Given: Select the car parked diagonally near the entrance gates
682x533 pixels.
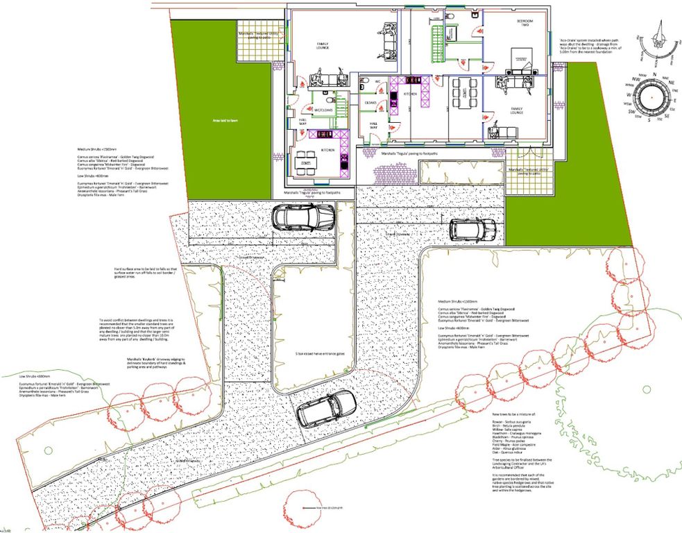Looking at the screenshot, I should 326,407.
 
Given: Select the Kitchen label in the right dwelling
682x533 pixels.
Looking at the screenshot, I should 411,93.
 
